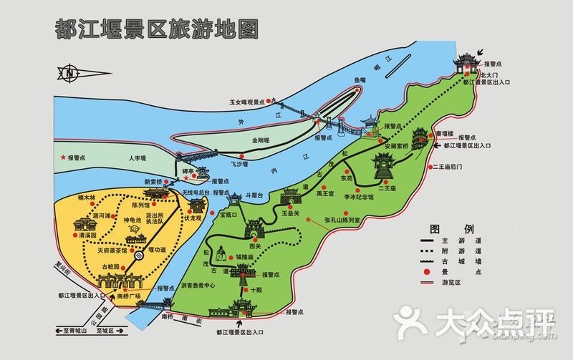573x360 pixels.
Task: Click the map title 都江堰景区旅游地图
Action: pyautogui.click(x=157, y=28)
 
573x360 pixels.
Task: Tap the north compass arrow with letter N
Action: pyautogui.click(x=69, y=72)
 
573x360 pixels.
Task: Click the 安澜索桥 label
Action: pyautogui.click(x=395, y=146)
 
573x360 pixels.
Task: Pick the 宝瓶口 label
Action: pyautogui.click(x=228, y=213)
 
